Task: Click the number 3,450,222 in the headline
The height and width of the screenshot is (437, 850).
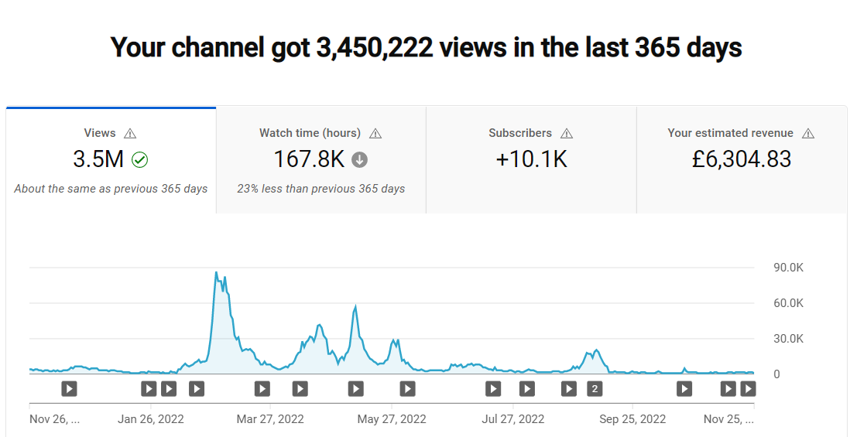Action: click(x=375, y=48)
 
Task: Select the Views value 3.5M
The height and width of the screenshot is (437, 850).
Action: click(x=98, y=159)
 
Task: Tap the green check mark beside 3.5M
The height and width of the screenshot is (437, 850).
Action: click(x=140, y=160)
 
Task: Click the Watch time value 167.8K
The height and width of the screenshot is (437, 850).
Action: click(x=309, y=159)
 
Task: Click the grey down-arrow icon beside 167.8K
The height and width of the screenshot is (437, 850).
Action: click(x=359, y=160)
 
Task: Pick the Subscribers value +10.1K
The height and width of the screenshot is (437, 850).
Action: click(x=531, y=159)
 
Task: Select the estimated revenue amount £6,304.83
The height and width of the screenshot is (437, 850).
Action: click(x=742, y=159)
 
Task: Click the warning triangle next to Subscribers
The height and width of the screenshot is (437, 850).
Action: click(x=567, y=133)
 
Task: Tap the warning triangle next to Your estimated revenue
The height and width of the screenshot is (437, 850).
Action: click(x=807, y=133)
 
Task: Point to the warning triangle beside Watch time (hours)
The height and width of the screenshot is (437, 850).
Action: click(x=375, y=133)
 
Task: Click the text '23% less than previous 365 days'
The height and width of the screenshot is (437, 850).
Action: click(x=321, y=189)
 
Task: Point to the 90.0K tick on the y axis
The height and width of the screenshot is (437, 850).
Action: click(x=787, y=268)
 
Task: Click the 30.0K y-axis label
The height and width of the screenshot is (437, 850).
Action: click(x=787, y=339)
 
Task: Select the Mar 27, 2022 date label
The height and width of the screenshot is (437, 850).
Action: click(x=270, y=419)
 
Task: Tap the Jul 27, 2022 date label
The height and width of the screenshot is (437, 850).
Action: click(x=512, y=419)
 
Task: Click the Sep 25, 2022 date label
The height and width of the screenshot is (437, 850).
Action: click(x=632, y=419)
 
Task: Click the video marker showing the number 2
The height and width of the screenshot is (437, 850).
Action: click(x=595, y=389)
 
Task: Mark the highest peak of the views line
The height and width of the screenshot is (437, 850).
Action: click(x=216, y=271)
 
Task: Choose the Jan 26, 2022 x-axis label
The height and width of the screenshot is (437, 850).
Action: click(x=151, y=419)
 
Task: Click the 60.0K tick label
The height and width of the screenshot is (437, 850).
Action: click(x=787, y=303)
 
